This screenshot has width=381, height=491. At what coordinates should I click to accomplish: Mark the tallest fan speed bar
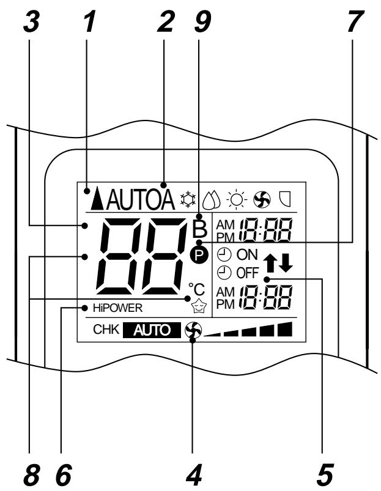pos(284,331)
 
